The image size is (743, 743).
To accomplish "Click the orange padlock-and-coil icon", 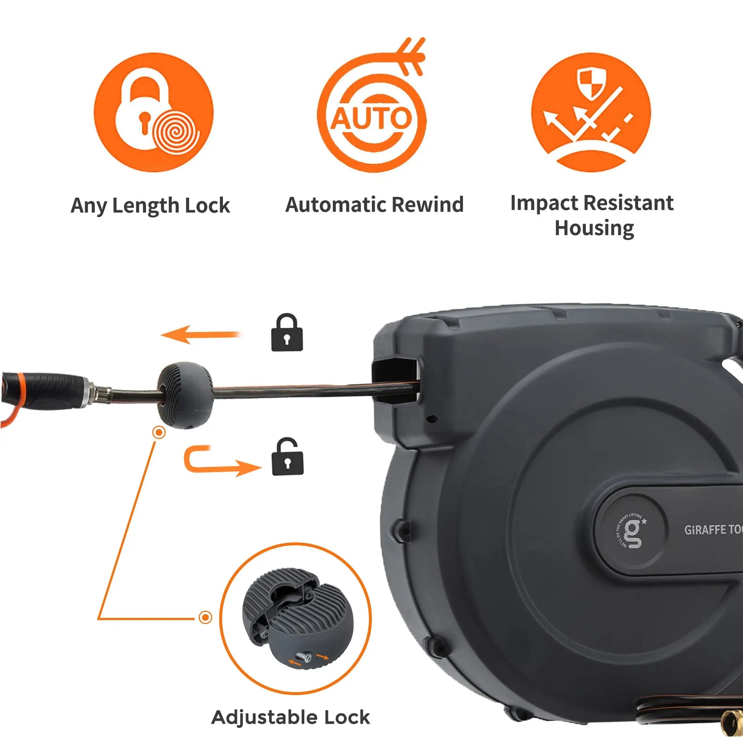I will pyautogui.click(x=153, y=112).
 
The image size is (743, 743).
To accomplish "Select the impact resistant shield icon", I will pyautogui.click(x=591, y=112).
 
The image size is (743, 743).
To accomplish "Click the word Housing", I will pyautogui.click(x=594, y=228).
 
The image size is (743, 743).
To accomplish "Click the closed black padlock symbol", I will pyautogui.click(x=287, y=333).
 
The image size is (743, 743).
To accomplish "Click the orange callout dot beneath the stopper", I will pyautogui.click(x=159, y=433).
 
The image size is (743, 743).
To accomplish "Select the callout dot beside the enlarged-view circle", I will pyautogui.click(x=205, y=618).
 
